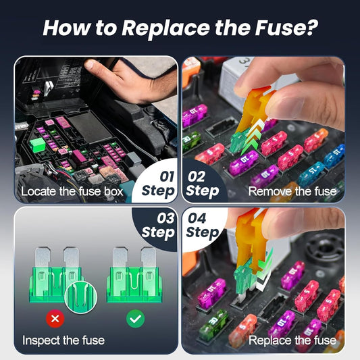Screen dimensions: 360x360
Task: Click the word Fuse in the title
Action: coord(271,29)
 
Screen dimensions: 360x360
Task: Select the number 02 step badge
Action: coord(202,182)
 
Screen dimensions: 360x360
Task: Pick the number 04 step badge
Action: coord(202,224)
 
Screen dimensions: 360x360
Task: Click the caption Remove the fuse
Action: coord(292,191)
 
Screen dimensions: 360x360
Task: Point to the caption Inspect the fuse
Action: coord(63,340)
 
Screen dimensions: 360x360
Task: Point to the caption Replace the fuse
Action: coord(292,340)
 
